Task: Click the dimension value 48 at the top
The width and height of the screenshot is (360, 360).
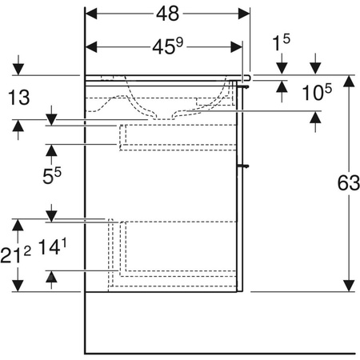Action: pos(168,14)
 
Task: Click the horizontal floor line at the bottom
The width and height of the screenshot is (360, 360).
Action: pos(220,353)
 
